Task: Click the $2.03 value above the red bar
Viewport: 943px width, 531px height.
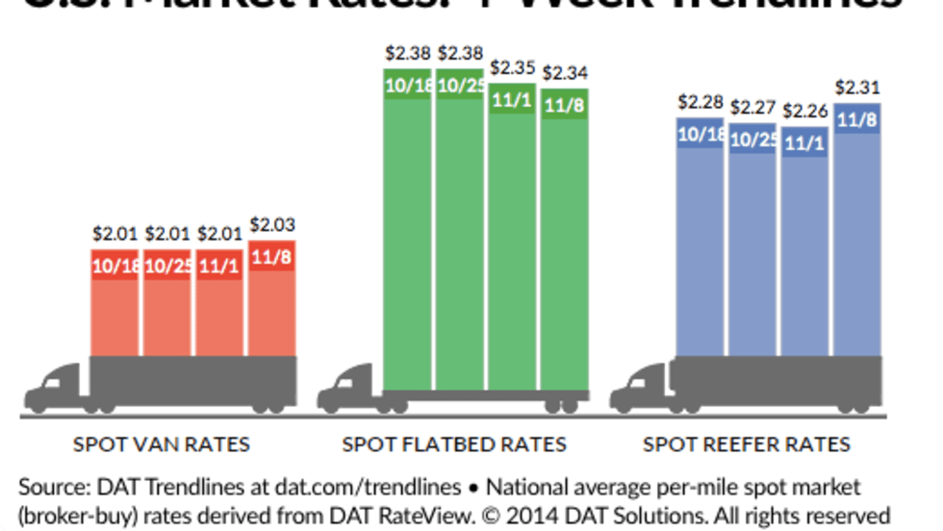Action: click(x=272, y=225)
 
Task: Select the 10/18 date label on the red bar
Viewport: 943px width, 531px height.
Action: click(x=115, y=265)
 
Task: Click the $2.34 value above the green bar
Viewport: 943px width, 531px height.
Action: click(x=566, y=72)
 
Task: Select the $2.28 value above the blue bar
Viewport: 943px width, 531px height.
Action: click(x=701, y=101)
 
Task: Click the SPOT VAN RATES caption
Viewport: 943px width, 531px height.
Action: click(x=162, y=444)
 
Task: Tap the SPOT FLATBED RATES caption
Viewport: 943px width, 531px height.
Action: click(x=454, y=444)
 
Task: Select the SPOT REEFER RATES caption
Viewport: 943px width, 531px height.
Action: click(x=747, y=444)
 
